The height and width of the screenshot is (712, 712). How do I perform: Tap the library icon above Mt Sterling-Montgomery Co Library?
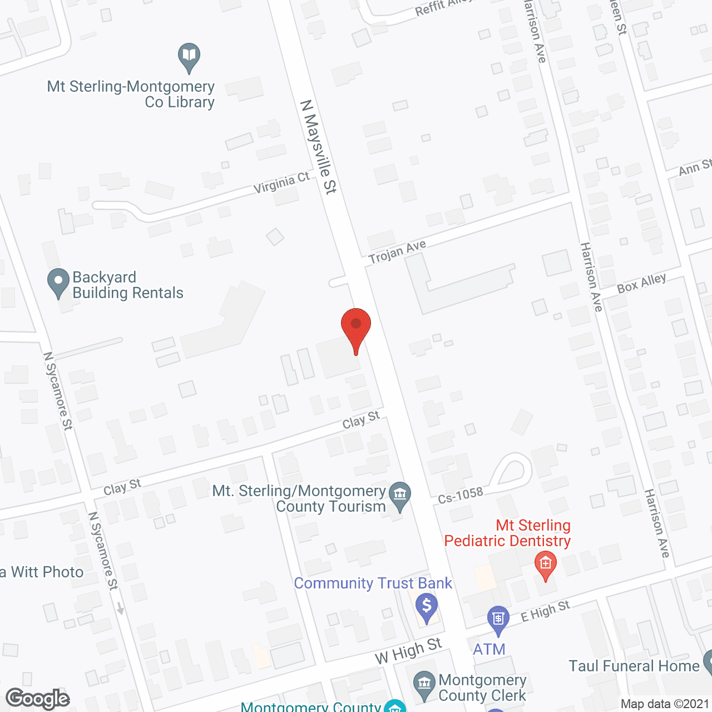click(189, 56)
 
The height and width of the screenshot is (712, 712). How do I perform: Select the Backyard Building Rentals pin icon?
click(58, 282)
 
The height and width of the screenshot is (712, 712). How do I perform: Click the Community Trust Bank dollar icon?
click(427, 607)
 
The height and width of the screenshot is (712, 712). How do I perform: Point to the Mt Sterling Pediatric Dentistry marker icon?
click(545, 565)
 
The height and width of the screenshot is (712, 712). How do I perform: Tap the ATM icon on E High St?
click(498, 619)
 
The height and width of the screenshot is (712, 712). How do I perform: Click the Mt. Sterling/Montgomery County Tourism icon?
click(399, 495)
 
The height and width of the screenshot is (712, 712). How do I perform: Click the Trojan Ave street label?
click(398, 252)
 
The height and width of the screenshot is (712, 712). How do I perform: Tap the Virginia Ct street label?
click(281, 183)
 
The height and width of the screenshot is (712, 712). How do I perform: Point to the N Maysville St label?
click(319, 147)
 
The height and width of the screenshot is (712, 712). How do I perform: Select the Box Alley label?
click(641, 284)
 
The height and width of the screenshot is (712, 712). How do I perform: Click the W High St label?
click(408, 651)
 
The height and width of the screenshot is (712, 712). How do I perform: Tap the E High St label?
click(545, 611)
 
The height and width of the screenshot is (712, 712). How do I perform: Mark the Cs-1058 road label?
click(460, 495)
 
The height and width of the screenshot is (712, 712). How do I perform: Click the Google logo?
click(38, 699)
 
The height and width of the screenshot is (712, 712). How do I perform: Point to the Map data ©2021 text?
click(665, 704)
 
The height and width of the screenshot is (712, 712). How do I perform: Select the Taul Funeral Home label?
click(634, 666)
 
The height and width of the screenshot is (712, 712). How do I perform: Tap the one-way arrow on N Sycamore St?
click(120, 609)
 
